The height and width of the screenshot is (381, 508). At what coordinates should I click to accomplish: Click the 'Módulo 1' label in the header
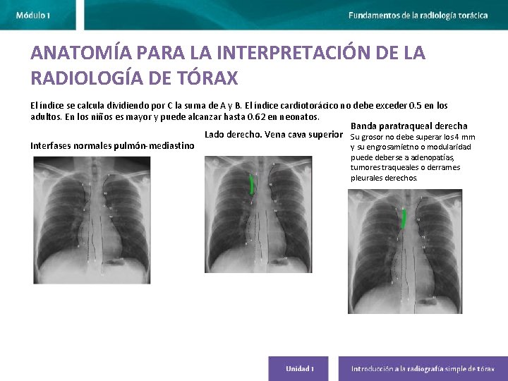coord(33,15)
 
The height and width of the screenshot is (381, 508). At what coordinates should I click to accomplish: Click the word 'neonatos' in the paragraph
coord(299,116)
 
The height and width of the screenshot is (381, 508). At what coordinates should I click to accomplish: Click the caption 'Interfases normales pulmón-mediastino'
coord(112,146)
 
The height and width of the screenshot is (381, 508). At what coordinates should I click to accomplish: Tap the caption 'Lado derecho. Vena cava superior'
coord(269,135)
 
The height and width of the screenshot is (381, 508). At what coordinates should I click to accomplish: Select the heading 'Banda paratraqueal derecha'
coord(409,126)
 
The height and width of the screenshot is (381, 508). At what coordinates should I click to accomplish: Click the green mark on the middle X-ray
coord(252,185)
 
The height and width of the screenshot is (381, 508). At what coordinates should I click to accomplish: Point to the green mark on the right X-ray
coord(402,220)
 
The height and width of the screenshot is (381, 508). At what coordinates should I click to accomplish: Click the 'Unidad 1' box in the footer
coord(299,368)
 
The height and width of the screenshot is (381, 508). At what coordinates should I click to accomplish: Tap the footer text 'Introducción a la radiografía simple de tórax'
coord(423,368)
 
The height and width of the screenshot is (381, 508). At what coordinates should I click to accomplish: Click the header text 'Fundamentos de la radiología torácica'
coord(418,15)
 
